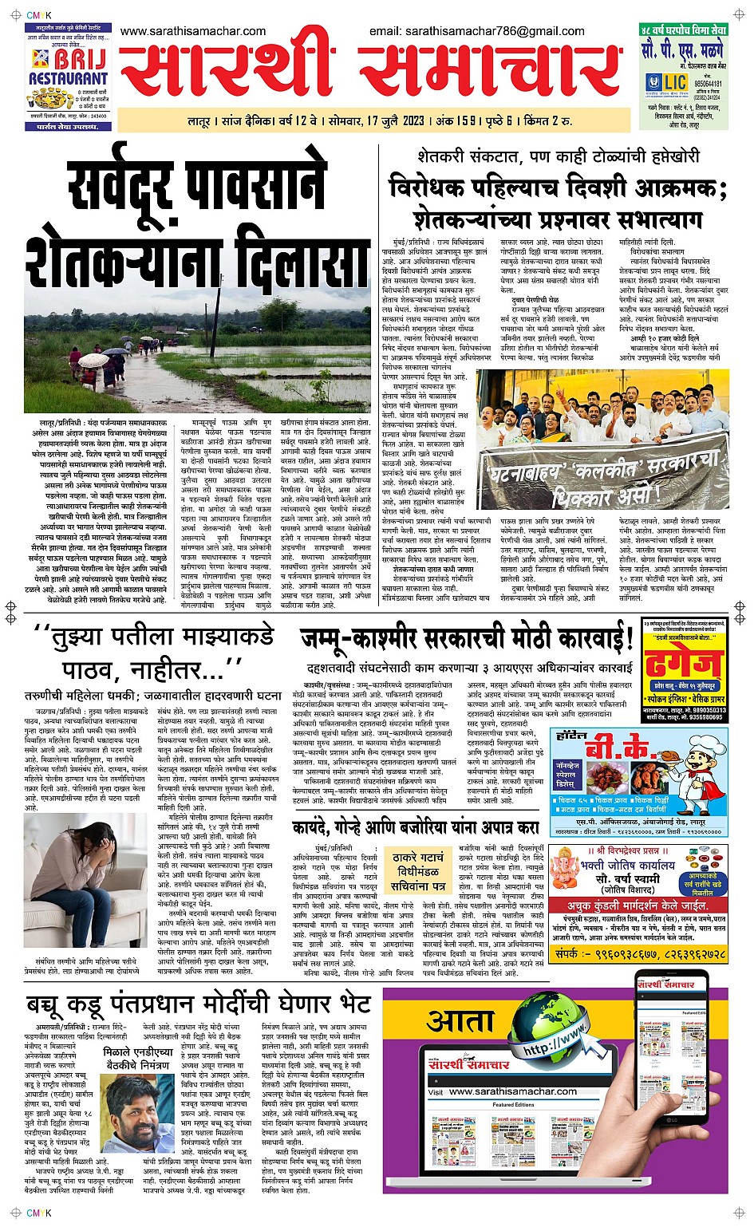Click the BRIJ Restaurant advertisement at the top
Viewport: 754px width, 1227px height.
coord(68,77)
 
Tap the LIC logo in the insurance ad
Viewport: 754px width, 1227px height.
coord(675,82)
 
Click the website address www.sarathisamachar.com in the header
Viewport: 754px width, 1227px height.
coord(193,31)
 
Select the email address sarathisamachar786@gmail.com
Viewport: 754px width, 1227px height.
coord(476,31)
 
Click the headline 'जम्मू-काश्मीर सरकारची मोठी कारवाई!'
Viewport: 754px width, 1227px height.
coord(467,639)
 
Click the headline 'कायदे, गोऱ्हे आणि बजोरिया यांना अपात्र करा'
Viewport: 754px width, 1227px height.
coord(416,828)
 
